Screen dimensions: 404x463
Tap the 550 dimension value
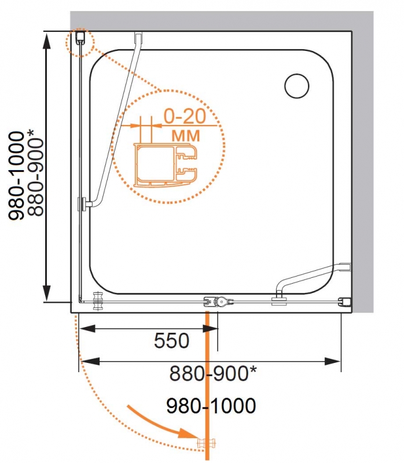tap(171, 340)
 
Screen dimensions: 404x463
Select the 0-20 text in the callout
tap(185, 116)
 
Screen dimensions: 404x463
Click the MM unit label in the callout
tap(186, 136)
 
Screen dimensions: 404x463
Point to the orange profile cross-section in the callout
tap(165, 166)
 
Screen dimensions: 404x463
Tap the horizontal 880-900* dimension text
tap(213, 373)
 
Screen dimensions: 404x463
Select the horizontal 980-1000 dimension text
tap(211, 406)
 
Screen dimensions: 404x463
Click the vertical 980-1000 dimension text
tap(16, 176)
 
